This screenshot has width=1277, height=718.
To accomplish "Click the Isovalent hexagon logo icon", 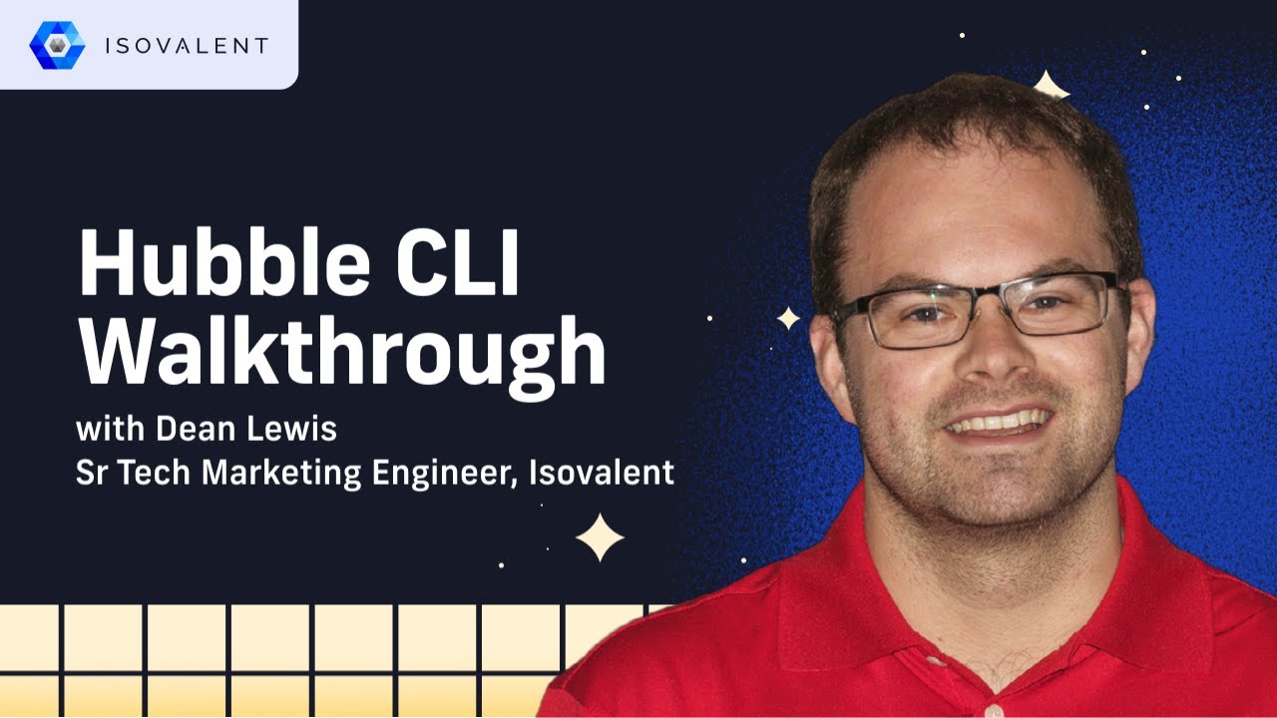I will coord(57,45).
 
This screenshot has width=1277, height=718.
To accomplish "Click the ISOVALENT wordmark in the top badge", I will coord(187,46).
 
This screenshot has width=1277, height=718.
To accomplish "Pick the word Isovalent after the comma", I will coord(602,473).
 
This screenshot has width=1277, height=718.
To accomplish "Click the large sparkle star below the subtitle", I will coord(600,538).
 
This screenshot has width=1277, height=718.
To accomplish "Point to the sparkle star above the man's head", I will coord(1050,86).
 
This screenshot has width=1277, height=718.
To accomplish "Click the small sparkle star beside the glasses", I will coord(788,318).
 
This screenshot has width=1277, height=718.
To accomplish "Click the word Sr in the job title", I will coord(91,473).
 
